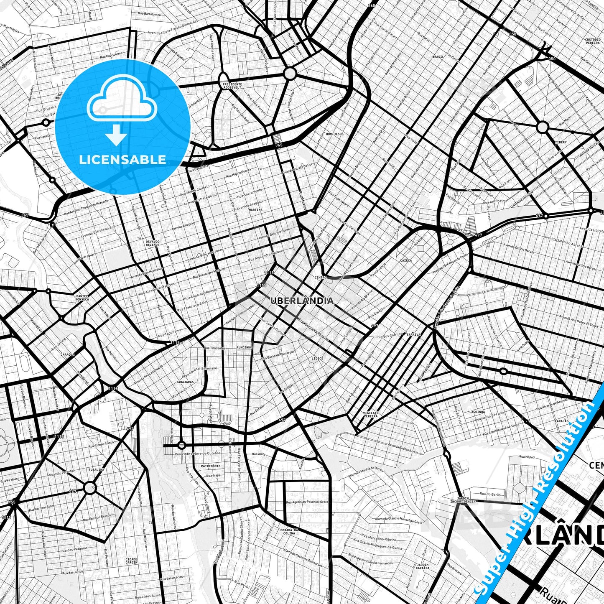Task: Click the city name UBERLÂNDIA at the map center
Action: pos(302,301)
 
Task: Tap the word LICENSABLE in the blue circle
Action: pos(122,160)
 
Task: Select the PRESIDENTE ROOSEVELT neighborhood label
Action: pos(232,86)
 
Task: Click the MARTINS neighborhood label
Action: pos(255,210)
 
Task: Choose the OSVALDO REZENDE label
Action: pos(153,243)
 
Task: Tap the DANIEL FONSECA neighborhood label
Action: pos(82,298)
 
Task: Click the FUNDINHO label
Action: pos(244,347)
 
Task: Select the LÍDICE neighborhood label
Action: pos(317,358)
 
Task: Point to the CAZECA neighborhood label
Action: pos(405,260)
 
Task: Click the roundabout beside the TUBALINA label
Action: pos(89,487)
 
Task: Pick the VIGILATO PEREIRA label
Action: pos(371,414)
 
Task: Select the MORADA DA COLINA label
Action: pos(289,531)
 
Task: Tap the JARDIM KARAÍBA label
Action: pos(423,566)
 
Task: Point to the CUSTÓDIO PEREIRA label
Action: pos(593,41)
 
